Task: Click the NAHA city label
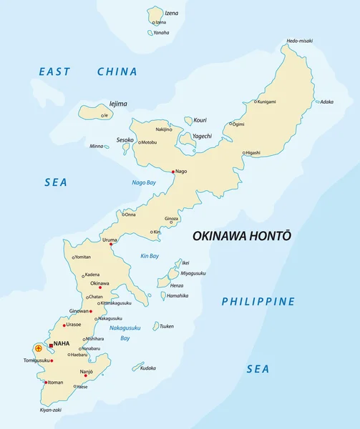(x=62, y=343)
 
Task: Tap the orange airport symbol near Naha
(x=38, y=348)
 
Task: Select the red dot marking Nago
(x=173, y=171)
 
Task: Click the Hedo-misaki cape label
(x=299, y=41)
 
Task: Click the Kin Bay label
(x=150, y=256)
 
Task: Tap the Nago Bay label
(x=144, y=182)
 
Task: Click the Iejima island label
(x=118, y=104)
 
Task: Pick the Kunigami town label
(x=266, y=102)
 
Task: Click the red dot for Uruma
(x=111, y=245)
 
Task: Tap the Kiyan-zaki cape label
(x=51, y=410)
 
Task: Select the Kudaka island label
(x=148, y=368)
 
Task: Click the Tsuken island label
(x=166, y=326)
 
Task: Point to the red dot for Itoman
(x=46, y=383)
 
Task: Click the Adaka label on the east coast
(x=326, y=102)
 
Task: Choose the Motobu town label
(x=148, y=142)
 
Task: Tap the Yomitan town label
(x=83, y=257)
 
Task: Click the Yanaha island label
(x=162, y=32)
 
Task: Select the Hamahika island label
(x=177, y=295)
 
